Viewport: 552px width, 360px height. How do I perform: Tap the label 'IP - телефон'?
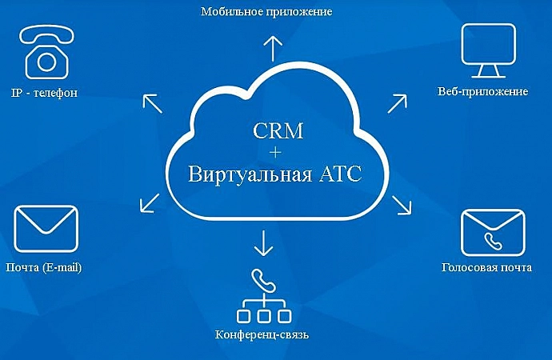[44, 93]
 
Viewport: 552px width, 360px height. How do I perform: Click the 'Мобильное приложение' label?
[266, 12]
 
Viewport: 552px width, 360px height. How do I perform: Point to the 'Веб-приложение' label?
[482, 91]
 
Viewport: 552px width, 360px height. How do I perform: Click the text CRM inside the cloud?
[278, 130]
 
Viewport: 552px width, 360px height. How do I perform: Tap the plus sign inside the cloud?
[275, 152]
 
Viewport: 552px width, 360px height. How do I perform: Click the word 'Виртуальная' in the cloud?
[250, 174]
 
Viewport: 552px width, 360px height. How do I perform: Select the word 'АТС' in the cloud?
[340, 174]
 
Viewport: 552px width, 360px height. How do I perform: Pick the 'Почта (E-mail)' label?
[44, 267]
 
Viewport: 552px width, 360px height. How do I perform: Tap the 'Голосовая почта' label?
[486, 267]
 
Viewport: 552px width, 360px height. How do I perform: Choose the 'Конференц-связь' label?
[262, 334]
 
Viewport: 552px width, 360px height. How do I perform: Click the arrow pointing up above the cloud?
[273, 49]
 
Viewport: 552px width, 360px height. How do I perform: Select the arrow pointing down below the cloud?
[263, 243]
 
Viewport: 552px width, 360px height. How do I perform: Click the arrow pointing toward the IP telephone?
[153, 104]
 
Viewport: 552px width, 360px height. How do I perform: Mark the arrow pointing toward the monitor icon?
[397, 104]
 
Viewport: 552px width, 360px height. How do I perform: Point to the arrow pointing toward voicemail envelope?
[402, 205]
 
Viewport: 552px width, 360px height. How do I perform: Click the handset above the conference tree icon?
[263, 281]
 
